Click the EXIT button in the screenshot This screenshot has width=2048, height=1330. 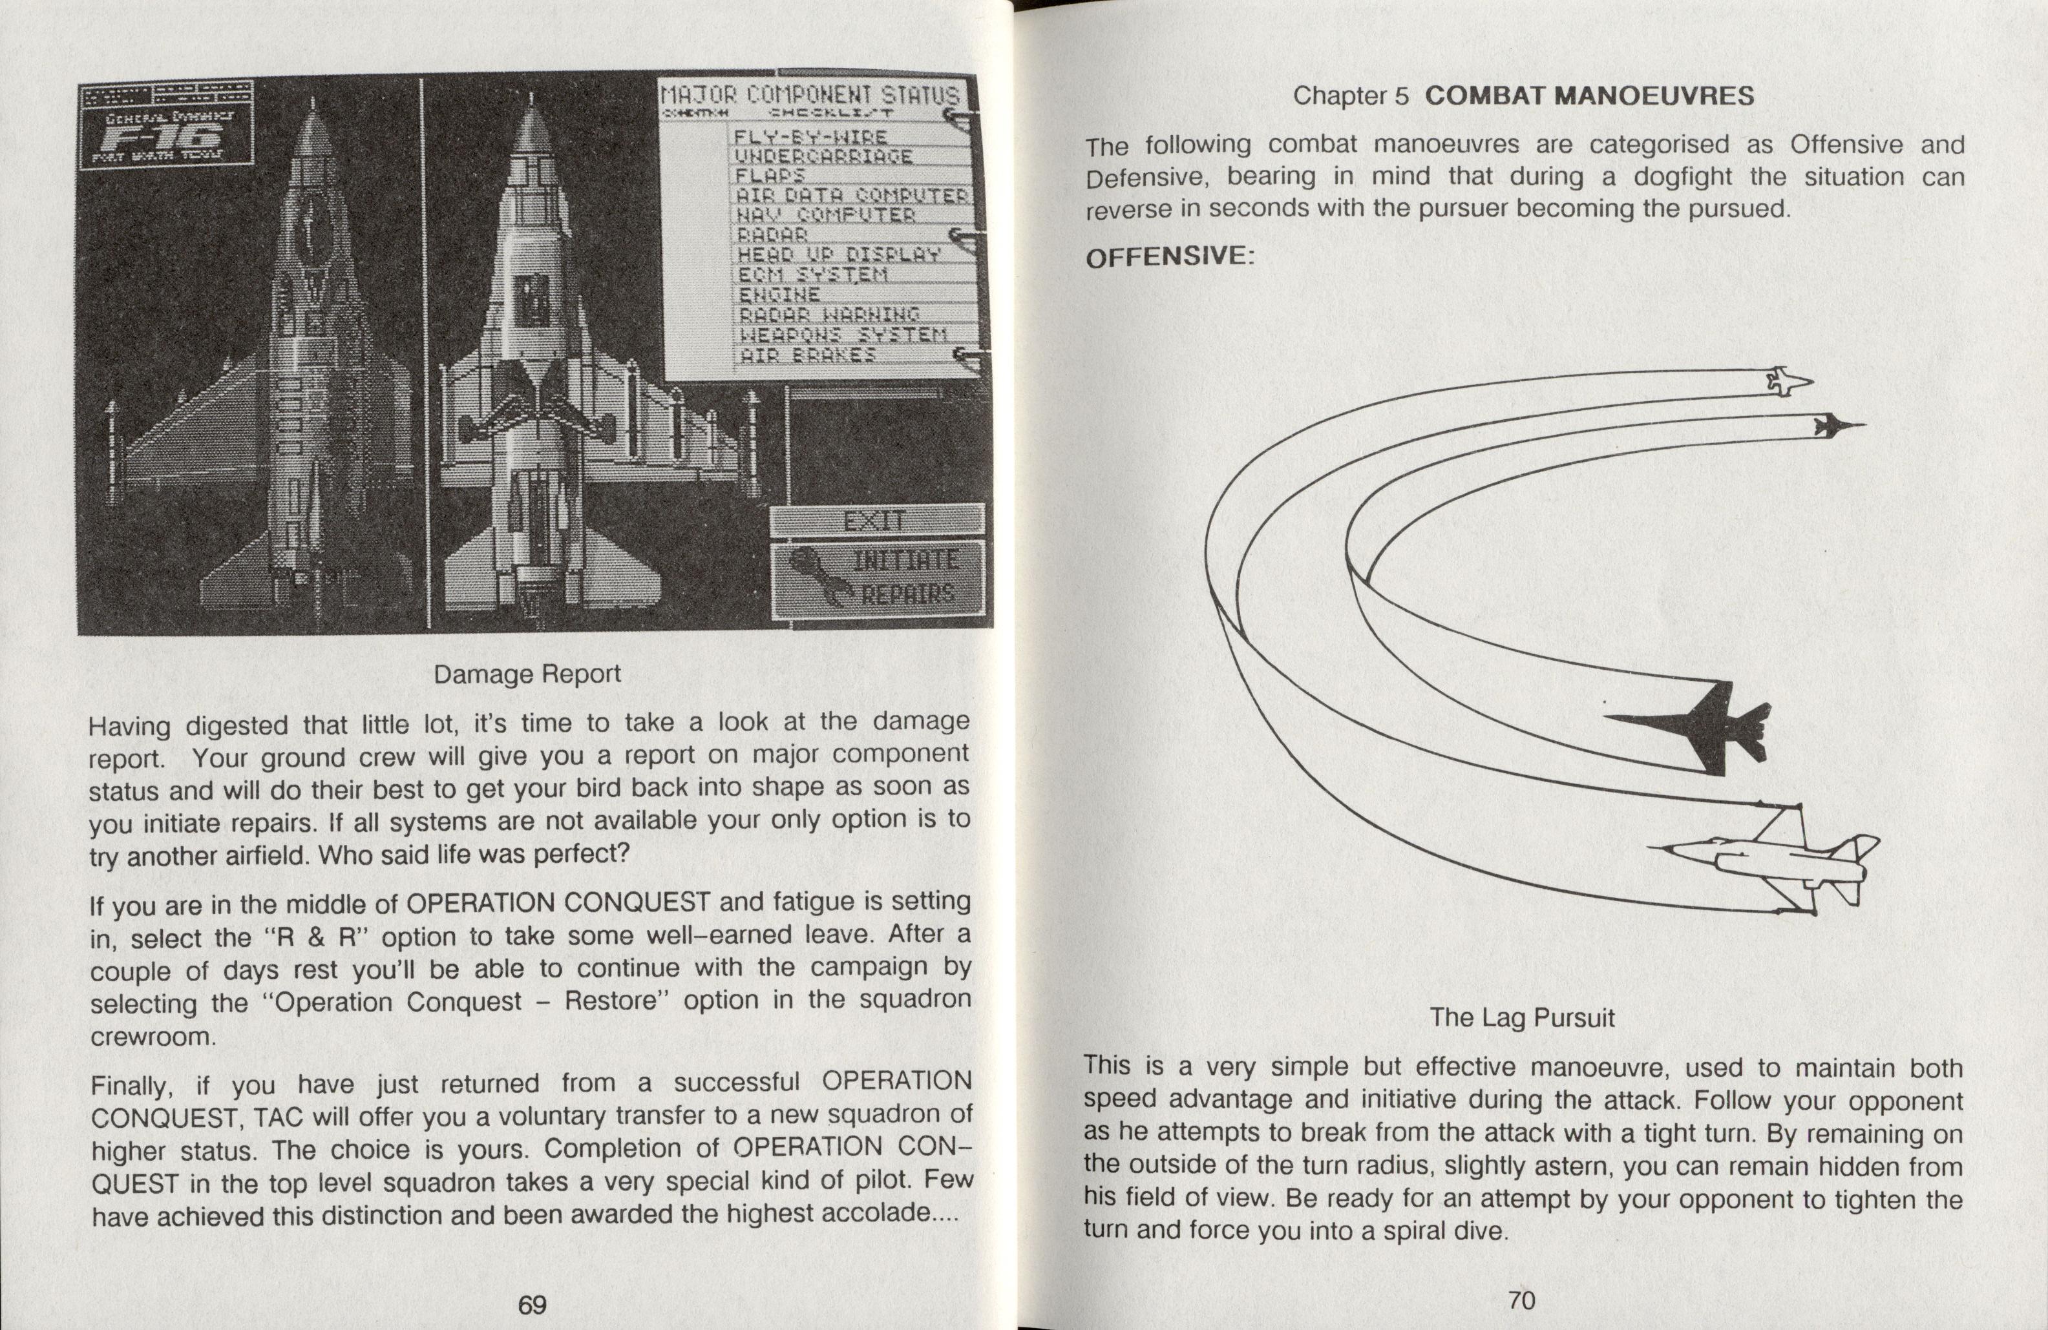876,521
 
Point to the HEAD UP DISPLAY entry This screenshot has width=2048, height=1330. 839,254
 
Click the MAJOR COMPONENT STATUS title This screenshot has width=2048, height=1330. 809,95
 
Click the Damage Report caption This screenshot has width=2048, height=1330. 527,674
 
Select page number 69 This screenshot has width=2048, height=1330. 532,1304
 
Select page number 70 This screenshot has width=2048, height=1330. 1521,1300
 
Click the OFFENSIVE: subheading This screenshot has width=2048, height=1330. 1166,256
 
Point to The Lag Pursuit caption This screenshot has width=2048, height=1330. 1521,1018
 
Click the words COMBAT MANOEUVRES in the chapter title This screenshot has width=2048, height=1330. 1589,96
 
